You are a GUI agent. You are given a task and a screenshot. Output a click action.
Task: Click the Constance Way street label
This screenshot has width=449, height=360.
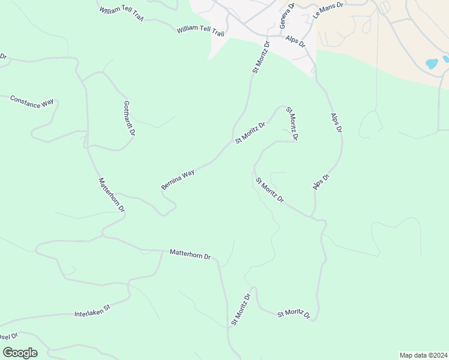tap(32, 101)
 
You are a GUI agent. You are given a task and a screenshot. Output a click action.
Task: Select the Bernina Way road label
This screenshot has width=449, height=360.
tap(178, 179)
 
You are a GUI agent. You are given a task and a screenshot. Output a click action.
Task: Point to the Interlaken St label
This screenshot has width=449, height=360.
tap(92, 311)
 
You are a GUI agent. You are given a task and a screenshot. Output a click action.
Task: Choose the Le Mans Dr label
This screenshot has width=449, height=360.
tap(328, 11)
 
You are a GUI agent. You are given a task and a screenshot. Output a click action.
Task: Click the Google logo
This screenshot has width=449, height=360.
tap(20, 353)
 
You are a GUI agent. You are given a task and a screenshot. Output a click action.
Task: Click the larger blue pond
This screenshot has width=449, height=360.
tap(432, 63)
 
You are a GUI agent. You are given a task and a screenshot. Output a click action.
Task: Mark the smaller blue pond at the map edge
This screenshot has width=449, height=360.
tap(446, 59)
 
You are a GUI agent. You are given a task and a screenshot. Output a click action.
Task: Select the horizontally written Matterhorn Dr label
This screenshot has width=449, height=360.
tap(190, 254)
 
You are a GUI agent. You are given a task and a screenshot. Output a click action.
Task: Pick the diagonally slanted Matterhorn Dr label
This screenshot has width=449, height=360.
tap(111, 194)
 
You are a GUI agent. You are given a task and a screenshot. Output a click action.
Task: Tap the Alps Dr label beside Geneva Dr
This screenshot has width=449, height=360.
tap(296, 42)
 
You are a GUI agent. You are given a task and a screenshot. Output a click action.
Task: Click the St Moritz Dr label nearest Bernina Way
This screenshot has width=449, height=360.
tap(250, 133)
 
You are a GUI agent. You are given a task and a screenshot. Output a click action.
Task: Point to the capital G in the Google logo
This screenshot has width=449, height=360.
tap(7, 352)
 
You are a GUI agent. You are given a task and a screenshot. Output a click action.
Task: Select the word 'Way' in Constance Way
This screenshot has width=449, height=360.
tap(47, 104)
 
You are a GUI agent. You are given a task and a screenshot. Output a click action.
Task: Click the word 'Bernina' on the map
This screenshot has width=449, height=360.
tap(171, 183)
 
